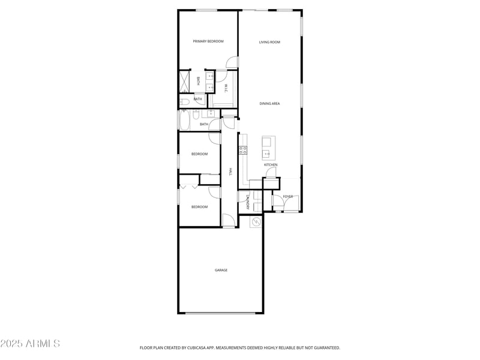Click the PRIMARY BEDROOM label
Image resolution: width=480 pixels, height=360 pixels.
coord(208,41)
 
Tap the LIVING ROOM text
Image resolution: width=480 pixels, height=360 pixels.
coord(269,42)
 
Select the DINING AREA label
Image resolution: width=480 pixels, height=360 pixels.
coord(269,104)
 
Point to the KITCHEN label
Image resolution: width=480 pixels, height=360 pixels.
coord(271,165)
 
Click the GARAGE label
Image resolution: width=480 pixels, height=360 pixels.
coord(221,270)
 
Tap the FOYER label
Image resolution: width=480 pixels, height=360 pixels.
coord(288,197)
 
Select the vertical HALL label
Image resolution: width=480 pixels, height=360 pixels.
coord(230,172)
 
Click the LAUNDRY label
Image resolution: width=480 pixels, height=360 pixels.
coord(247,202)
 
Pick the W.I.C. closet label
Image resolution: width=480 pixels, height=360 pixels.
coord(226,88)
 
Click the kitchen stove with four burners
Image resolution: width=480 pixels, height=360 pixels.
coord(243,150)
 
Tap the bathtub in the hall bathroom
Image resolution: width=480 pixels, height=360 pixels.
coord(184,121)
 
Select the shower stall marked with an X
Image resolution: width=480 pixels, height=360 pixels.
coord(184,81)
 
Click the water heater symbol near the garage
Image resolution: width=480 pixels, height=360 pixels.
coord(256,222)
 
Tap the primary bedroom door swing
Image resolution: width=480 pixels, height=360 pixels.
coord(232,62)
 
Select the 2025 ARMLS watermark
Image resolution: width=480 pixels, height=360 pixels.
coord(30,344)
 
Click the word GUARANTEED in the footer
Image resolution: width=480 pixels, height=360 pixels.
coord(325,347)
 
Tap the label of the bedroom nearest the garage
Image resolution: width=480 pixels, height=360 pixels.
coord(199,207)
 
